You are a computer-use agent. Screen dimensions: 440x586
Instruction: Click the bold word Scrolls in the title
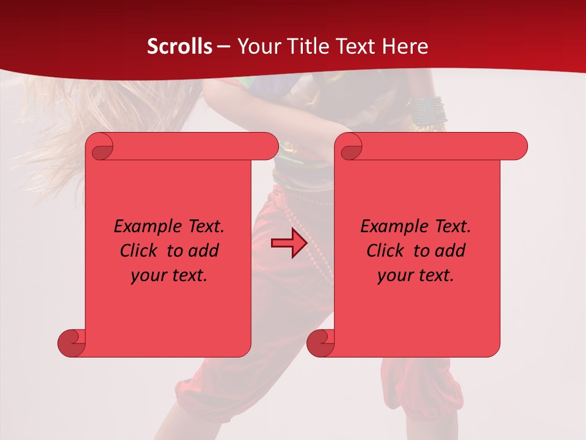(x=179, y=46)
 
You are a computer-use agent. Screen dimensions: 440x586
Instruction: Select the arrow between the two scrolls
(x=289, y=243)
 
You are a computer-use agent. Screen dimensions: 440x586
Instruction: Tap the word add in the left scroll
(x=203, y=251)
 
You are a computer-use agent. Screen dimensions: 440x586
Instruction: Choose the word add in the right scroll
(x=450, y=251)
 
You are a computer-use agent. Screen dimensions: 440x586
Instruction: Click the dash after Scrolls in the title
(x=224, y=47)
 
